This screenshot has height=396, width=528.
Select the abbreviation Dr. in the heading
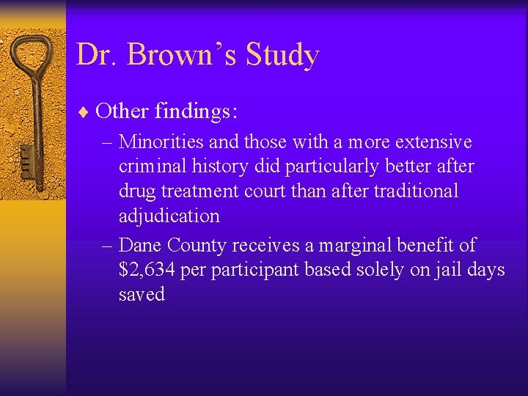click(98, 55)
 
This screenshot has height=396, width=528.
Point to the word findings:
click(196, 112)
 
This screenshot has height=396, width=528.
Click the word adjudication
click(169, 216)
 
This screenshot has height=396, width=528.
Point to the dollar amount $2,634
click(147, 269)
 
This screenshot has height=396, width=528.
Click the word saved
click(142, 295)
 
